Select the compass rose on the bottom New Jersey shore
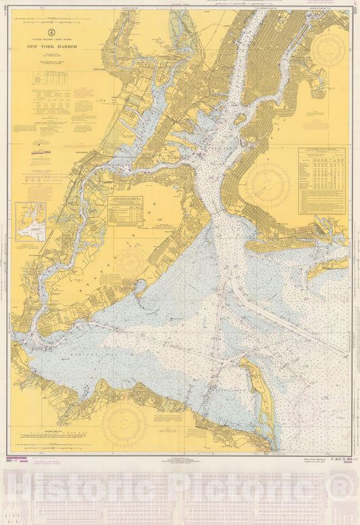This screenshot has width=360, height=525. [x=124, y=424]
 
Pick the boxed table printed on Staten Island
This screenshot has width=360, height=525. [x=125, y=210]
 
